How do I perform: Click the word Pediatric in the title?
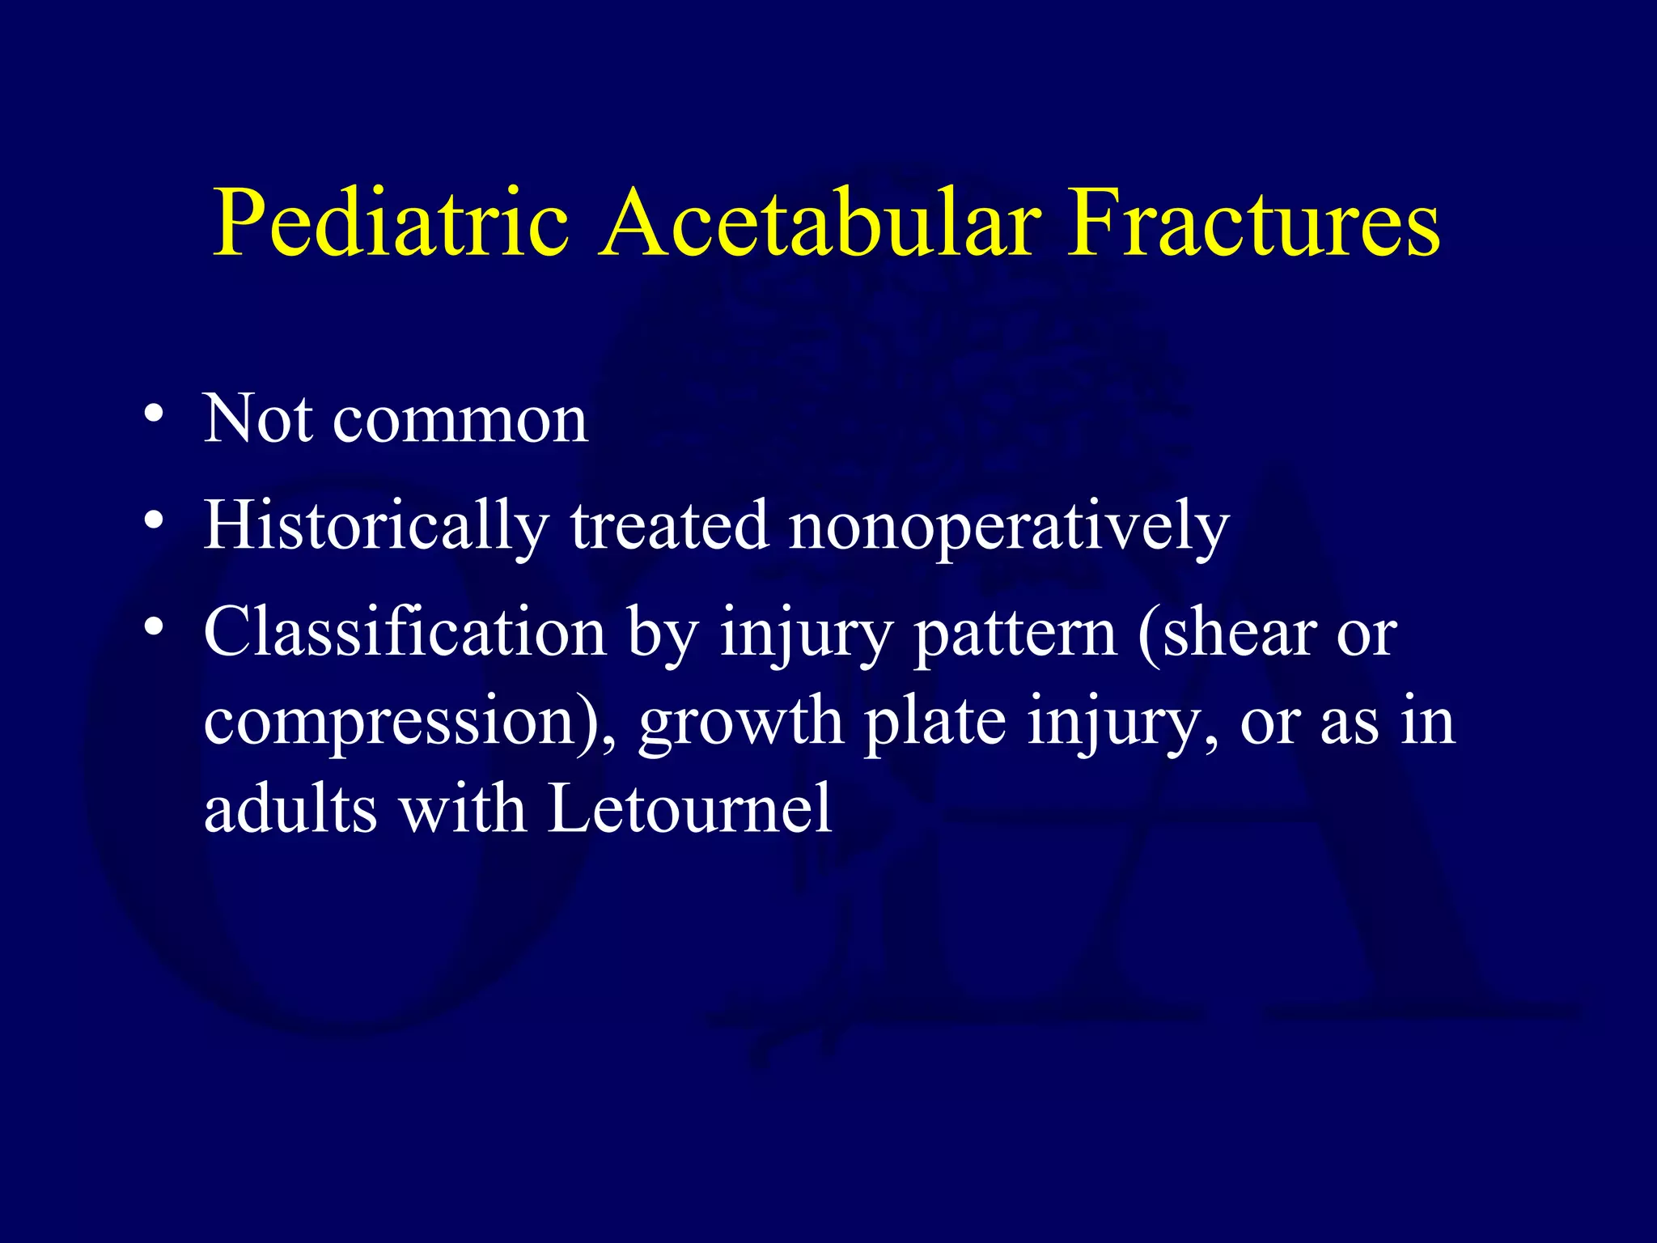click(390, 223)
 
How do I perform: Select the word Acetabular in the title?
click(817, 223)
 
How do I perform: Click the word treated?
click(669, 526)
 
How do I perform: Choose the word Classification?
click(404, 633)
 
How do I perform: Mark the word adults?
click(290, 809)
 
